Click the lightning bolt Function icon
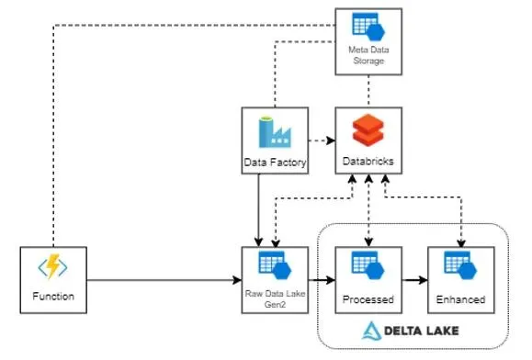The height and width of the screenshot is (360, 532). (x=52, y=266)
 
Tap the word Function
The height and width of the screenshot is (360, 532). (x=53, y=297)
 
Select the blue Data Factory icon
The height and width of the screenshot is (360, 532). (x=275, y=132)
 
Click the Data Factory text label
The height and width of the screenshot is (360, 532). (x=275, y=163)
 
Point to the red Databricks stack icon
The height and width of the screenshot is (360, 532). (x=368, y=129)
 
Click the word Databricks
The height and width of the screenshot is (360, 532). (x=368, y=161)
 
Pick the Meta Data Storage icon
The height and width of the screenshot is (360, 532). (x=368, y=27)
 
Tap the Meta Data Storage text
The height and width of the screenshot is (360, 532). (x=368, y=55)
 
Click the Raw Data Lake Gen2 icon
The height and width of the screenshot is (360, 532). (x=275, y=265)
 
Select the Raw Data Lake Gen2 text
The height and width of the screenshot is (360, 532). (x=275, y=299)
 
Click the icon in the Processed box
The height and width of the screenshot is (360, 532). (x=368, y=265)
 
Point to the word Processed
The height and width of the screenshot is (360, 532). (x=368, y=299)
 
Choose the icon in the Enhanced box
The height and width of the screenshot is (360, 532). (x=460, y=265)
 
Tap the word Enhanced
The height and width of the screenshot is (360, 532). (x=460, y=299)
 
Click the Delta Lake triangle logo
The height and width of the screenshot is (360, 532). (x=371, y=331)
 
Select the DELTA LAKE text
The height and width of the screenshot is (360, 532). (x=422, y=331)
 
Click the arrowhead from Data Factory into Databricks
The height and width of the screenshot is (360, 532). (x=331, y=141)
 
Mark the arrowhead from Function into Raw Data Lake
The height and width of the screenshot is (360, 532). (x=237, y=280)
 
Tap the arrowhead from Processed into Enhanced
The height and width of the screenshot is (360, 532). (x=423, y=280)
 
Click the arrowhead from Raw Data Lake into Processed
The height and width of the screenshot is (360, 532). (x=331, y=280)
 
